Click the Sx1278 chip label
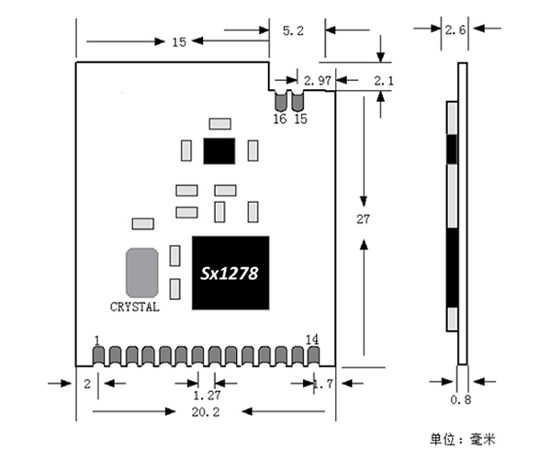point(229,274)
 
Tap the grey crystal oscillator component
point(142,273)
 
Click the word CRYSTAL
point(135,307)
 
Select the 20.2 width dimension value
point(206,412)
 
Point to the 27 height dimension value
point(363,219)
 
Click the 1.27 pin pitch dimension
point(207,396)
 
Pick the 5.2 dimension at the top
point(293,31)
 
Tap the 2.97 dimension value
point(318,81)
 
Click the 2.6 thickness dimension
point(455,30)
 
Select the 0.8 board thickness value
point(461,399)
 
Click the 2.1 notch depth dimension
point(384,81)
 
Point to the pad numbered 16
point(280,102)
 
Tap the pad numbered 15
point(298,102)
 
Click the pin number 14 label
point(312,340)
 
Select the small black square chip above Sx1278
point(219,151)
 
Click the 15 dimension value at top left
point(179,42)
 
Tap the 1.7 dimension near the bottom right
point(323,384)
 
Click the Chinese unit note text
point(463,440)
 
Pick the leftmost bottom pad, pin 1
point(98,356)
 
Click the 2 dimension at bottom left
point(87,384)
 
